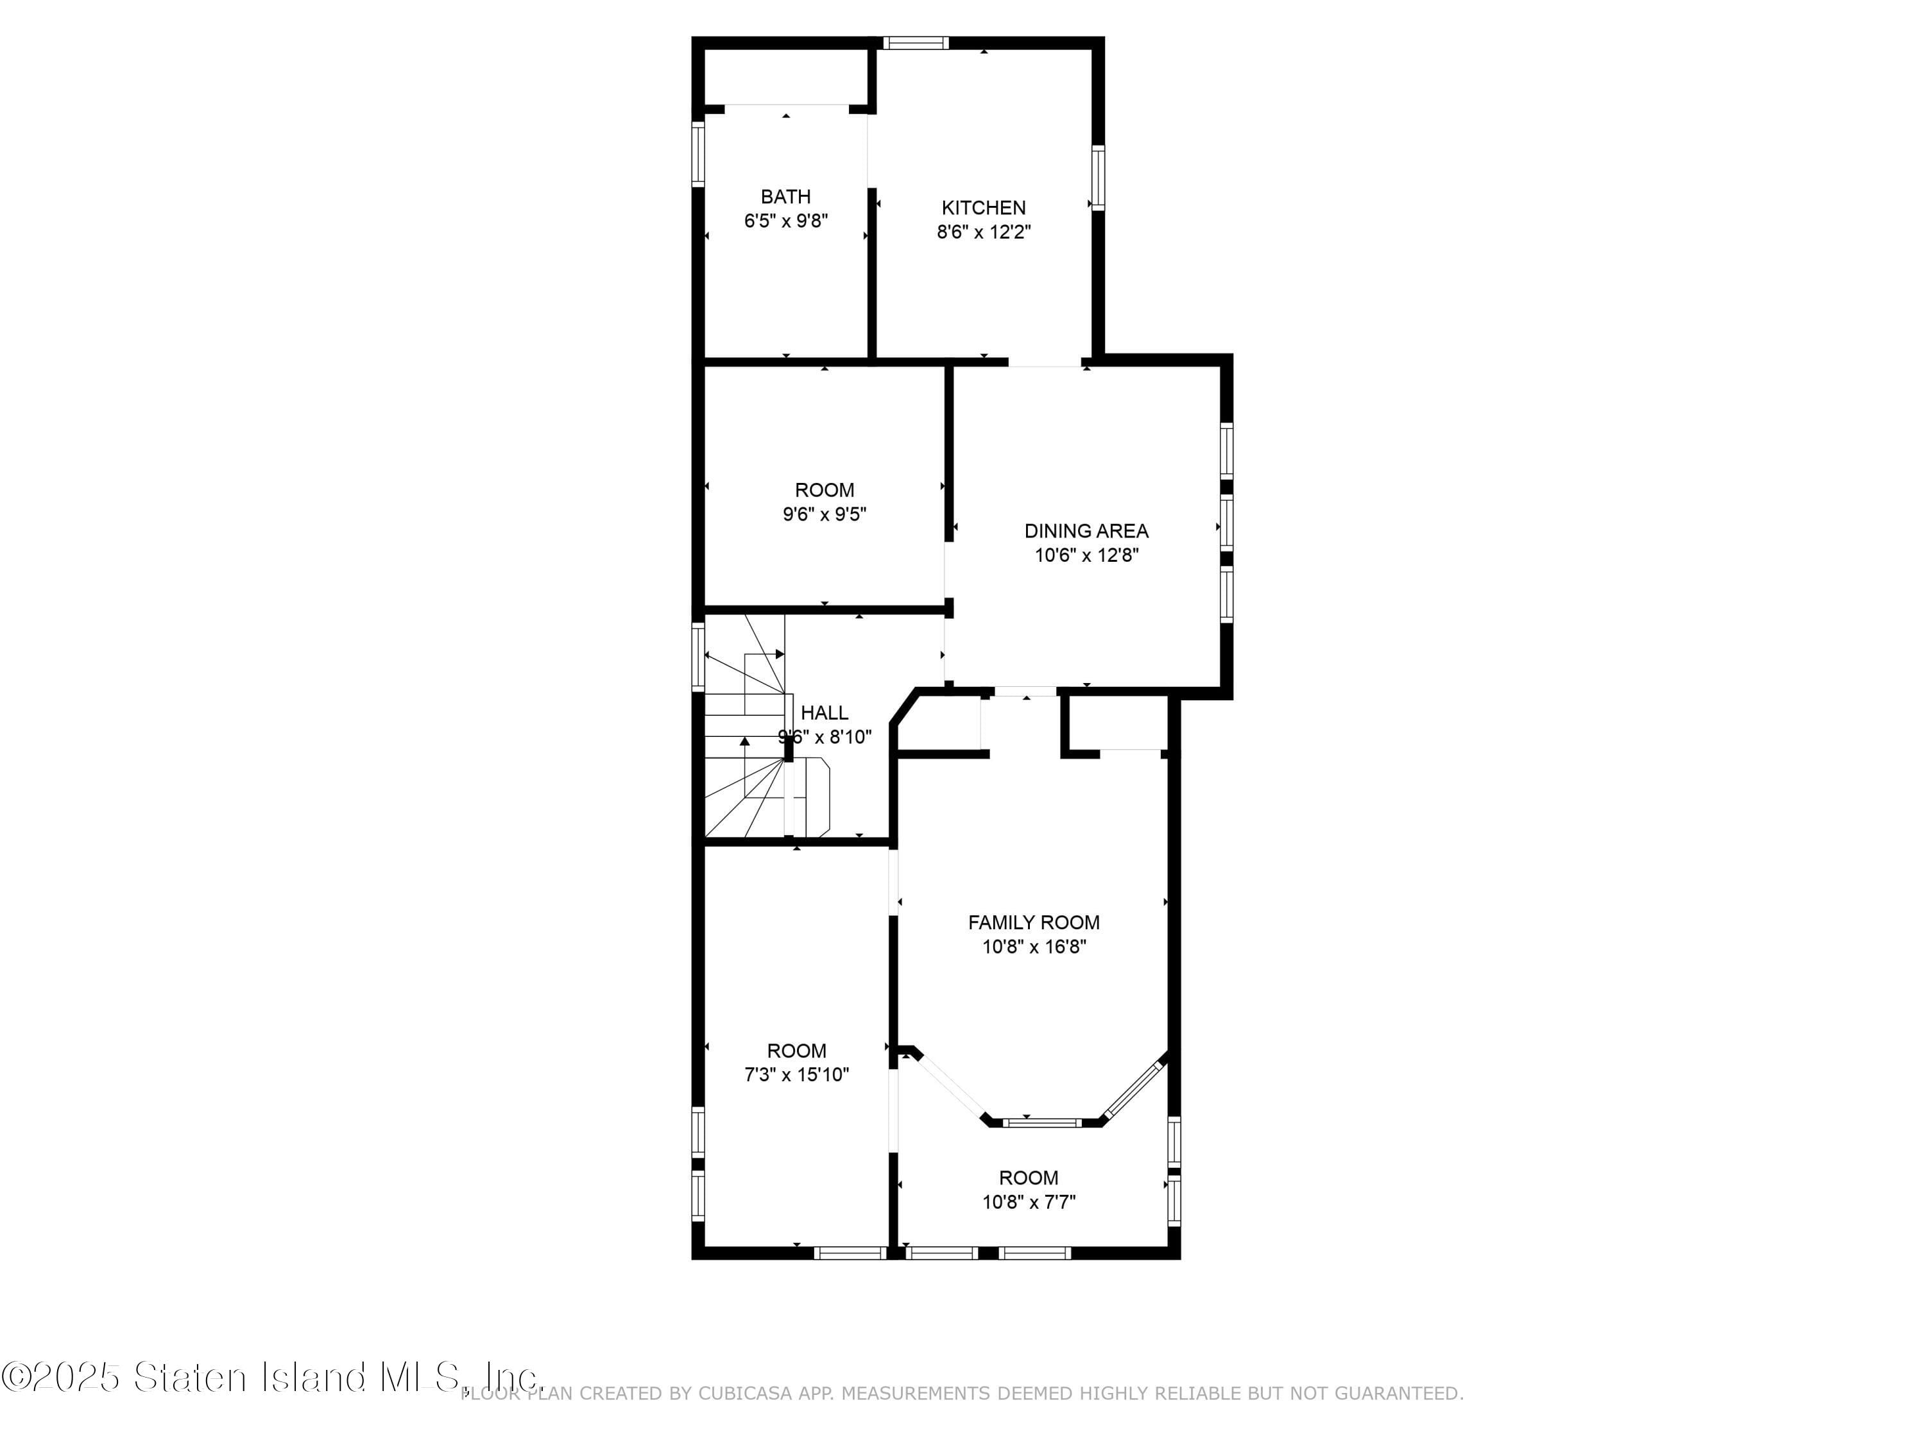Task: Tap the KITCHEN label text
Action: pyautogui.click(x=984, y=208)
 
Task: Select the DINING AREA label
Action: pyautogui.click(x=1086, y=530)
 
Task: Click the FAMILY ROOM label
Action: pyautogui.click(x=1034, y=922)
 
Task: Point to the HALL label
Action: pyautogui.click(x=824, y=713)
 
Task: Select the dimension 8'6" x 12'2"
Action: pyautogui.click(x=984, y=232)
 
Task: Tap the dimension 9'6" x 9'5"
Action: pyautogui.click(x=824, y=514)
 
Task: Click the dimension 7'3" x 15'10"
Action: pyautogui.click(x=796, y=1074)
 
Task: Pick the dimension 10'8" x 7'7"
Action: pyautogui.click(x=1029, y=1202)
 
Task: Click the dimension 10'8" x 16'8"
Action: pyautogui.click(x=1034, y=947)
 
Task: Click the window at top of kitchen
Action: pyautogui.click(x=916, y=42)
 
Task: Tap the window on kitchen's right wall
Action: pyautogui.click(x=1099, y=178)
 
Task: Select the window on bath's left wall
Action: pyautogui.click(x=698, y=154)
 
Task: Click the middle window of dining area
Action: pyautogui.click(x=1226, y=523)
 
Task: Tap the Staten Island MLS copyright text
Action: pyautogui.click(x=271, y=1376)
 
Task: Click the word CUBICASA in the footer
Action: pyautogui.click(x=746, y=1394)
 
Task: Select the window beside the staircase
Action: pyautogui.click(x=698, y=657)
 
